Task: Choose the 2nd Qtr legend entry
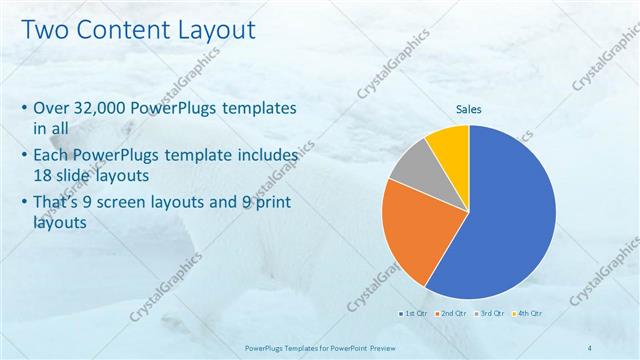[451, 314]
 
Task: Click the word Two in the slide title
[45, 31]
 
